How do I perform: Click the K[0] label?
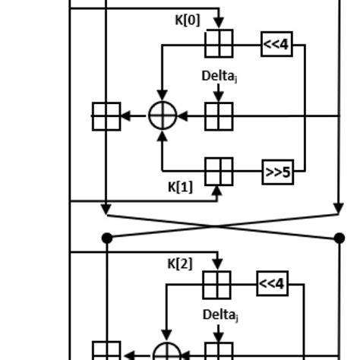[188, 20]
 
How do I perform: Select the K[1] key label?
[180, 187]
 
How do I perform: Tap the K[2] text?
[180, 264]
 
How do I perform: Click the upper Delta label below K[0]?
[219, 76]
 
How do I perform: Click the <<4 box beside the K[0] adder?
[276, 44]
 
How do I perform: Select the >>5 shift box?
[278, 172]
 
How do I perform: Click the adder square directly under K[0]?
[219, 43]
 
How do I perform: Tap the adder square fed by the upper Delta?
[219, 116]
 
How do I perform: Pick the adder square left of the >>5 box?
[219, 172]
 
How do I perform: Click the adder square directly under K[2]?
[216, 285]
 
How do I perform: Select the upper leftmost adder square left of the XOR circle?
[106, 116]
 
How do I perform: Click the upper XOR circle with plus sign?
[162, 116]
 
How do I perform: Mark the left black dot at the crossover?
[107, 238]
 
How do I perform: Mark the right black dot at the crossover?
[339, 238]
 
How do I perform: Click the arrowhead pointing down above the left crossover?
[107, 209]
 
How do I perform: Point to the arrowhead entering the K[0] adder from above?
[219, 24]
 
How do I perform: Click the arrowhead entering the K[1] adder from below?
[219, 191]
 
